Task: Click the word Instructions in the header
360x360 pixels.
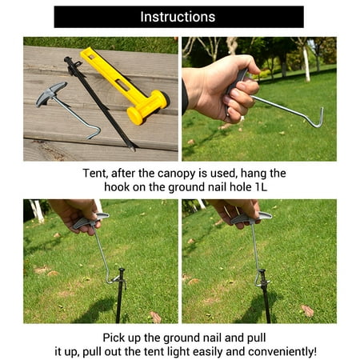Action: (x=178, y=17)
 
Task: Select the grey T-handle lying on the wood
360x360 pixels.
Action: (x=52, y=95)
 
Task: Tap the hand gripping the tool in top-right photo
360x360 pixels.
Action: (x=216, y=88)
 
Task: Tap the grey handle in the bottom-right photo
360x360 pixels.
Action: (x=250, y=217)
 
